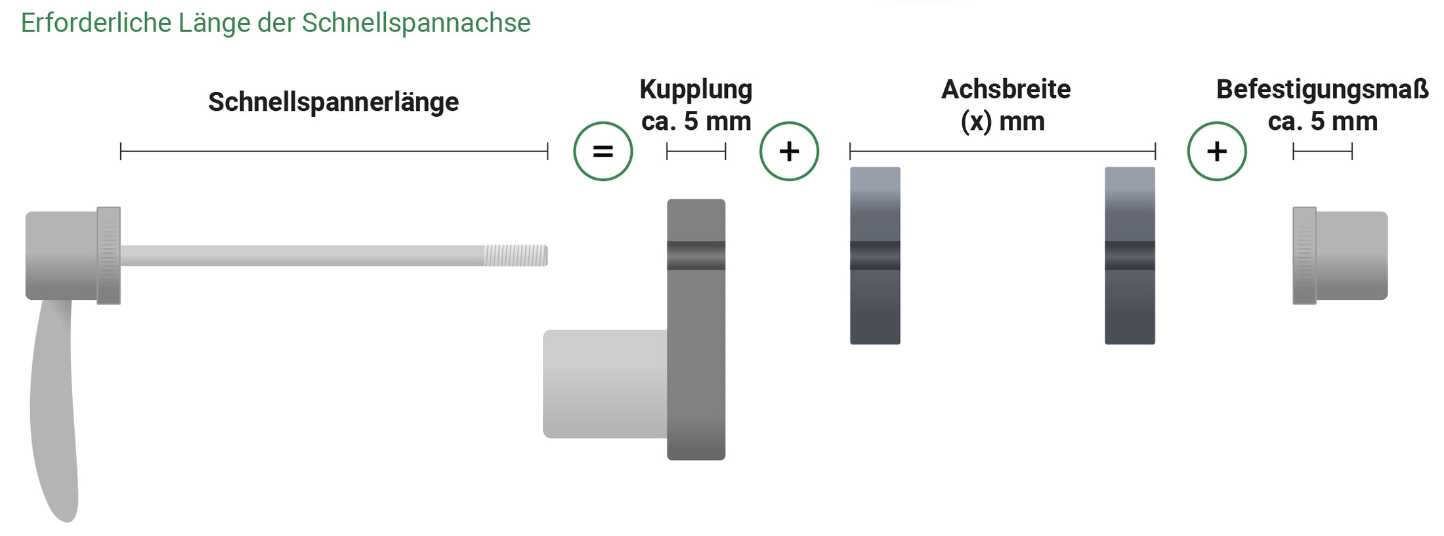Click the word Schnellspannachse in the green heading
click(x=415, y=24)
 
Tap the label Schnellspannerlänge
click(x=333, y=102)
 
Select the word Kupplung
click(x=696, y=90)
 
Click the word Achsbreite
click(x=1006, y=89)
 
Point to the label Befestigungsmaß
click(x=1323, y=89)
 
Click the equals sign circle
click(x=603, y=152)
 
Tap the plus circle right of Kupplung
click(x=789, y=152)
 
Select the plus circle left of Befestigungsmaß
click(x=1217, y=152)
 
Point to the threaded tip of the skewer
click(x=516, y=256)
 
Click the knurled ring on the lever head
click(x=108, y=256)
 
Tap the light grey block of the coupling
click(x=605, y=384)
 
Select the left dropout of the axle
click(x=875, y=256)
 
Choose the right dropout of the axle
click(x=1130, y=256)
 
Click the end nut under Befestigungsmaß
click(x=1340, y=256)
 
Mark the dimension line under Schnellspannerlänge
click(x=334, y=152)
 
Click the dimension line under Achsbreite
click(x=1002, y=152)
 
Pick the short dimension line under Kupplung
click(x=696, y=152)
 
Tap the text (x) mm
click(x=1002, y=122)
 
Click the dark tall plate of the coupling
click(x=696, y=329)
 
